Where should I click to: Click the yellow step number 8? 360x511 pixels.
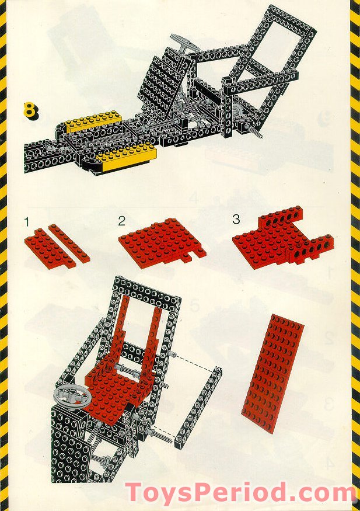tap(30, 110)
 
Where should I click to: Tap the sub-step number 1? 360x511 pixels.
tap(27, 221)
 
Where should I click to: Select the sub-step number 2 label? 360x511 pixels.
tap(121, 221)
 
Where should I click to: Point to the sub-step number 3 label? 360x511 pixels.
tap(236, 220)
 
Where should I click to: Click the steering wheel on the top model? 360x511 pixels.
tap(185, 43)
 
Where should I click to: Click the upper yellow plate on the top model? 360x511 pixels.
tap(91, 122)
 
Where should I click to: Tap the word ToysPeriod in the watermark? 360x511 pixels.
tap(207, 493)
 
